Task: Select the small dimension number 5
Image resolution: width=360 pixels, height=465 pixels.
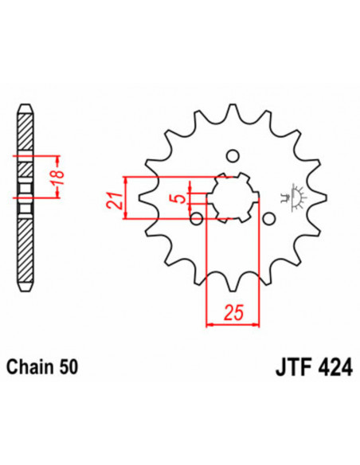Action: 182,193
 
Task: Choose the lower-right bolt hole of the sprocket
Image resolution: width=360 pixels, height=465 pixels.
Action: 269,217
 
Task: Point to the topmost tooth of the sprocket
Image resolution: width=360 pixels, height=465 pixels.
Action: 232,111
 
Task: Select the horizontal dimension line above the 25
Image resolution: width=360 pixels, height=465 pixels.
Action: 233,324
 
